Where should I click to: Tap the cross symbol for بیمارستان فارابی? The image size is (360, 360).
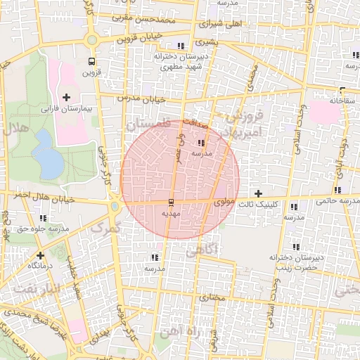tap(67, 97)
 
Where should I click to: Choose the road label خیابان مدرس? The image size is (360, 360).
tap(141, 98)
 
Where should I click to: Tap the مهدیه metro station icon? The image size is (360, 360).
tap(172, 202)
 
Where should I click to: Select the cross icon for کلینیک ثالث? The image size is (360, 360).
tap(258, 193)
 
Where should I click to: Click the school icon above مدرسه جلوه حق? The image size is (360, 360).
tap(44, 218)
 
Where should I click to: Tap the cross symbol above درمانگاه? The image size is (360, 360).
tap(40, 255)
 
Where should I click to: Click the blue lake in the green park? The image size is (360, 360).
tap(47, 154)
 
